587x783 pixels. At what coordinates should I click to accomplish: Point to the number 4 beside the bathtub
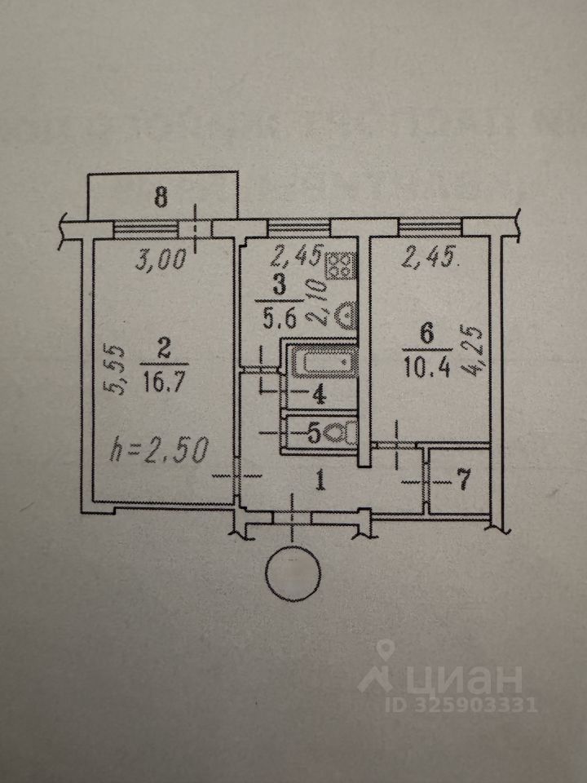(x=320, y=395)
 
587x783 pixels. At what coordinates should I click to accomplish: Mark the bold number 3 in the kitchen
(x=280, y=285)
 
